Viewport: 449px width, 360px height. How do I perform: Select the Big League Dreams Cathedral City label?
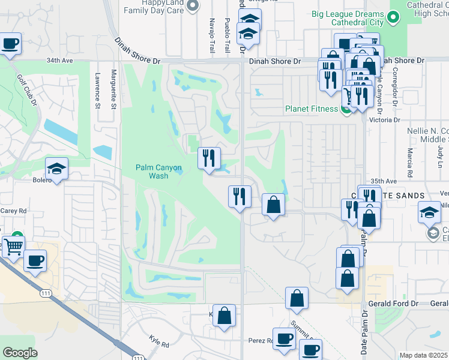(348, 18)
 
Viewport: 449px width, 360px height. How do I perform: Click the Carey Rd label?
(14, 211)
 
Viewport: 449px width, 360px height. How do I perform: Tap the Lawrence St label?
(97, 91)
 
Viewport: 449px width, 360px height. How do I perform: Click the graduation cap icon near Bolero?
(56, 169)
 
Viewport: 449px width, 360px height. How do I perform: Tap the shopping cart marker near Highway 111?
(13, 245)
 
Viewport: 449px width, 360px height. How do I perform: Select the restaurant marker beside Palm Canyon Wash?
(209, 158)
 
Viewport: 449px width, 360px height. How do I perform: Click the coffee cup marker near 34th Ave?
(10, 44)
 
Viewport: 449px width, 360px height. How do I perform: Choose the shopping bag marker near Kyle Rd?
(224, 316)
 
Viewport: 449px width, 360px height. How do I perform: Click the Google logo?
(20, 352)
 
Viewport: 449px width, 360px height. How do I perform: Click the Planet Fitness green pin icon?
(346, 109)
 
